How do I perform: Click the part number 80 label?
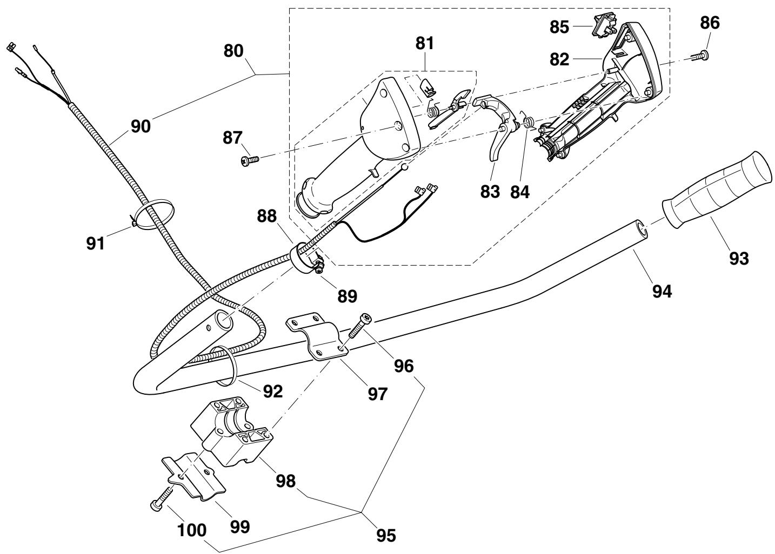click(x=233, y=51)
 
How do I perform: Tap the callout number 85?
click(x=559, y=27)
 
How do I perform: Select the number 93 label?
click(x=739, y=258)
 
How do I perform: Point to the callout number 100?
click(x=192, y=530)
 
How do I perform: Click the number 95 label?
click(x=386, y=536)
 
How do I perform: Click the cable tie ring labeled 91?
click(x=152, y=213)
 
